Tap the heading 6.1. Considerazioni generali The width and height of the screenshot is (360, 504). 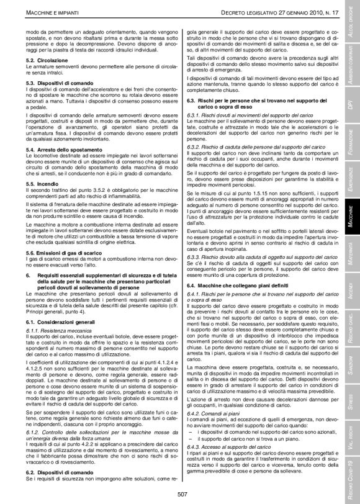(x=58, y=306)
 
